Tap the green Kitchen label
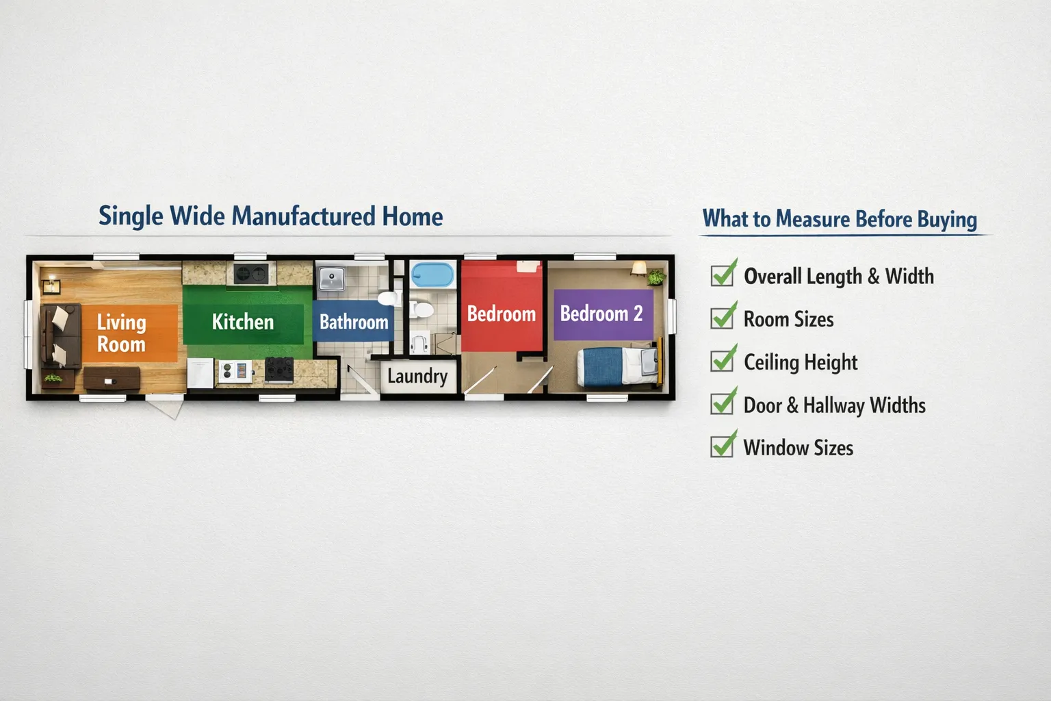tap(243, 322)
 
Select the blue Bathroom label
tap(353, 322)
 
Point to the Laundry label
tap(417, 376)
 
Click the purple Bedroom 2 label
tap(602, 314)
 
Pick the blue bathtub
tap(432, 275)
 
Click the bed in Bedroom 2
tap(618, 366)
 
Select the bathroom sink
tap(332, 278)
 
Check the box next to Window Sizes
tap(723, 447)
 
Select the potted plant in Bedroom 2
tap(656, 277)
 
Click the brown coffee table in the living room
tap(112, 378)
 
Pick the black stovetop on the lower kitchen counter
tap(279, 370)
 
